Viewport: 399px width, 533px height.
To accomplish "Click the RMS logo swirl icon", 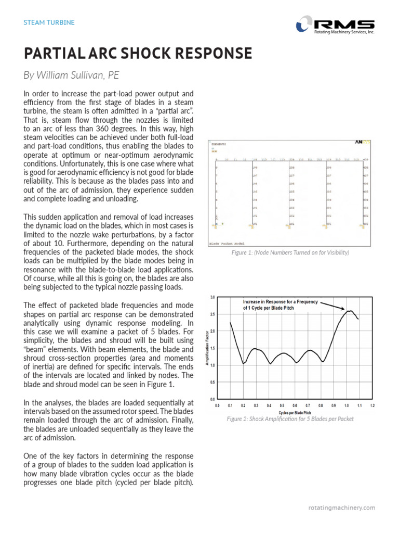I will [x=303, y=24].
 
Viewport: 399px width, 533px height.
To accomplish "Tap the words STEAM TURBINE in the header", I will [x=49, y=22].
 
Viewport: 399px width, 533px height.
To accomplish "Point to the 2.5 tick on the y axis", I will [x=212, y=314].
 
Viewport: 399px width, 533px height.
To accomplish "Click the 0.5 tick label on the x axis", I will [x=282, y=404].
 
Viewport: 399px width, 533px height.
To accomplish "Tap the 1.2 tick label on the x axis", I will [x=373, y=404].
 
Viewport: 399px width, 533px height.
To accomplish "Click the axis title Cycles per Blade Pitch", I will [x=295, y=412].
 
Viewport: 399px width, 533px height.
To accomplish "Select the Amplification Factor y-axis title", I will [x=207, y=347].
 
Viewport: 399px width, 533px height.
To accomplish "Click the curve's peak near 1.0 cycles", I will [x=350, y=311].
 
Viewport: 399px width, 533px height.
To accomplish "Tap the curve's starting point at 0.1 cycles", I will [x=230, y=323].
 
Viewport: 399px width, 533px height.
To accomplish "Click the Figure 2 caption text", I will [x=290, y=419].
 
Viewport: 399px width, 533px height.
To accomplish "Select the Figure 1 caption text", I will [x=290, y=252].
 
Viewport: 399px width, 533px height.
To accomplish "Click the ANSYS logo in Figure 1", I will [x=362, y=142].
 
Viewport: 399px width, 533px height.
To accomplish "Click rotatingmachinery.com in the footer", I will [x=341, y=507].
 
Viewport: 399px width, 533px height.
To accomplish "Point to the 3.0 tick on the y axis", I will [x=212, y=297].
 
